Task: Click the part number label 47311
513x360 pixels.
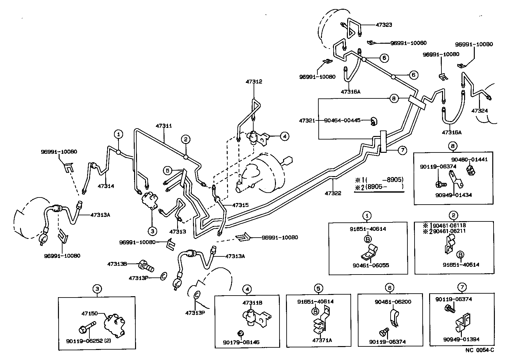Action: coord(164,126)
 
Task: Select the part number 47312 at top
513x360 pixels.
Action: coord(254,82)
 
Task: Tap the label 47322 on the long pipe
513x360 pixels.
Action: coord(333,193)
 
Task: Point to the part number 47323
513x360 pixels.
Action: coord(384,25)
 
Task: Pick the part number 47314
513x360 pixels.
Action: coord(106,186)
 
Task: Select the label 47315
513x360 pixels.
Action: coord(240,205)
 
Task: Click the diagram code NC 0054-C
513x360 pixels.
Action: coord(480,350)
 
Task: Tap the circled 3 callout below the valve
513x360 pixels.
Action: coord(152,231)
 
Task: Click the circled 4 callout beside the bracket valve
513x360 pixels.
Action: coord(284,136)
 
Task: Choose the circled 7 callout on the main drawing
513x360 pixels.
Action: coord(402,150)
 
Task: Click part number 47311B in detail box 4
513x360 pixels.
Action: coord(252,303)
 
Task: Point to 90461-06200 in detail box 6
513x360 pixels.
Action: coord(393,302)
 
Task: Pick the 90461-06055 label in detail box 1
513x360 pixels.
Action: coord(371,265)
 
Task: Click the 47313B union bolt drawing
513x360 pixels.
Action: coord(146,265)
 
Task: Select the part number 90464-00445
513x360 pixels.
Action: coord(342,120)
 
